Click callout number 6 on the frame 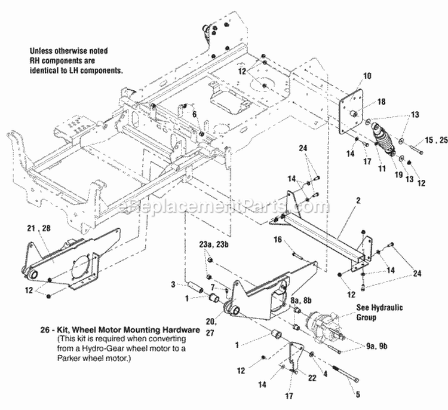[x=194, y=113]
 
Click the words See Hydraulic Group [x=379, y=313]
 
